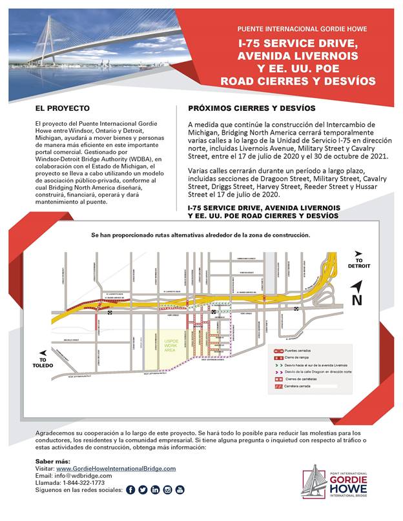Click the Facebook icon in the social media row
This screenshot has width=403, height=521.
pyautogui.click(x=131, y=490)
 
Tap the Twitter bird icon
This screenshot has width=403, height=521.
pyautogui.click(x=143, y=490)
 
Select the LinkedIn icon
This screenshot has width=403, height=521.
pyautogui.click(x=156, y=490)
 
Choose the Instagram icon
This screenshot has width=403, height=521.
pyautogui.click(x=168, y=490)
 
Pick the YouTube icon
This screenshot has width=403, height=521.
pyautogui.click(x=180, y=490)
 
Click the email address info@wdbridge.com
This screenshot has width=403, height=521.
pyautogui.click(x=75, y=476)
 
